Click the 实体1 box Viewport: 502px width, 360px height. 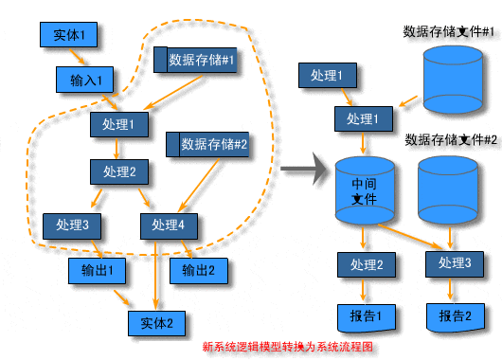click(69, 36)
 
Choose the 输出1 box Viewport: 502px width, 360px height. click(98, 270)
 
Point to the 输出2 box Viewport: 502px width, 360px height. click(198, 270)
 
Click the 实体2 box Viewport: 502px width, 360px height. click(157, 323)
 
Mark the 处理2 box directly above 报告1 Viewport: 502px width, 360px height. click(367, 264)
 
